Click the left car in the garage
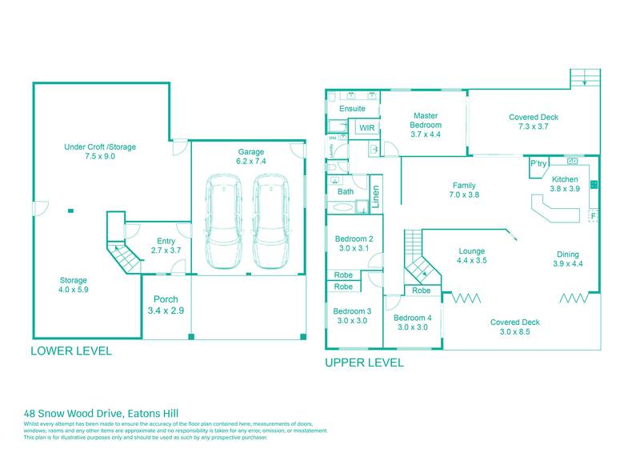tap(226, 222)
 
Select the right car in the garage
tap(270, 222)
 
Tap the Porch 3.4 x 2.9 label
tap(166, 304)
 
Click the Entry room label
tap(166, 246)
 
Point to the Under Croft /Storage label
tap(101, 152)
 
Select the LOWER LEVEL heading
tap(71, 351)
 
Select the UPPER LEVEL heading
tap(364, 362)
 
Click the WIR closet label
tap(366, 128)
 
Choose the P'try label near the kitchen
tap(538, 164)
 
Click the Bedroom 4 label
tap(413, 322)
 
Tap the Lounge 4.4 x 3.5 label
tap(472, 255)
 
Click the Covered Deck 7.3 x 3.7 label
tap(533, 122)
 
